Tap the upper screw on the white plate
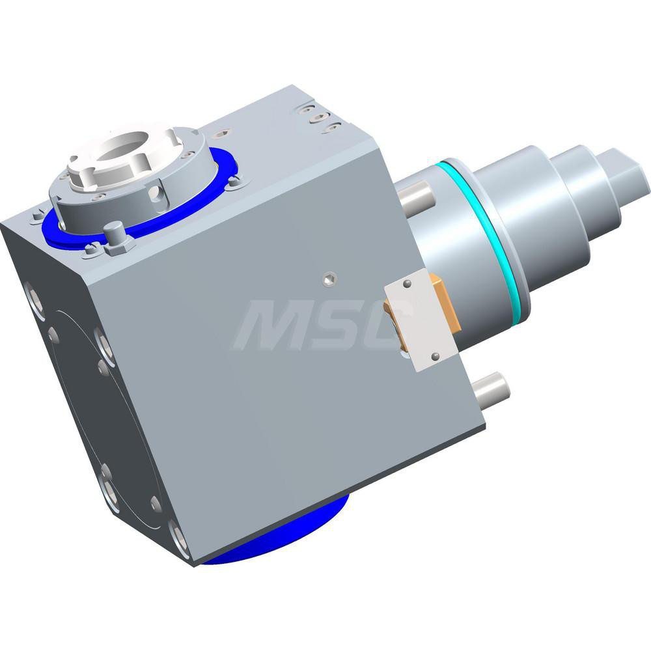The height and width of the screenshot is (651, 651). point(408,284)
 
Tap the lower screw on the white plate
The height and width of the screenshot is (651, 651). point(435,355)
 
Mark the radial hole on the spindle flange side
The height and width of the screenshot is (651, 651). point(154,193)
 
